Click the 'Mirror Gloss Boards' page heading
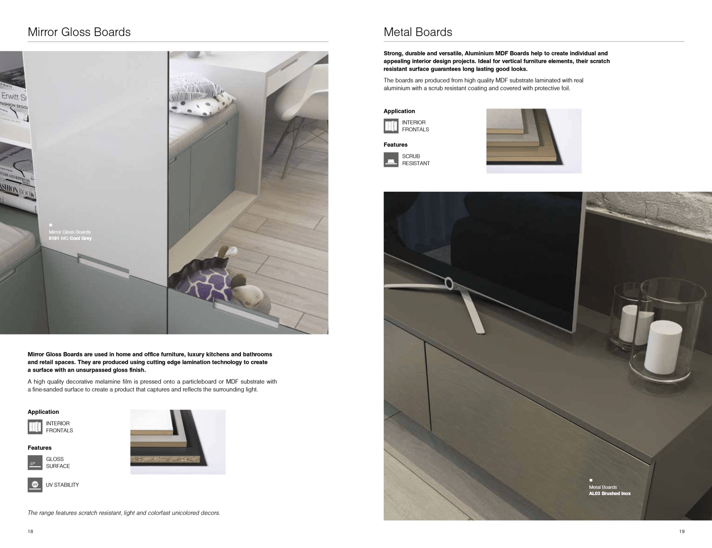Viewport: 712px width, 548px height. (x=79, y=32)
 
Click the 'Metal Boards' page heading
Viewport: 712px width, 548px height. (x=418, y=32)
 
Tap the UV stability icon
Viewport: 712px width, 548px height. (x=35, y=485)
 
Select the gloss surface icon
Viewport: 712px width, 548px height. (x=35, y=463)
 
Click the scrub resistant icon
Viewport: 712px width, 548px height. (x=391, y=160)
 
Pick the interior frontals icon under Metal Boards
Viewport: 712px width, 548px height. (x=391, y=126)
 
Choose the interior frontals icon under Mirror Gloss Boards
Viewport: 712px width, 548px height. (x=35, y=427)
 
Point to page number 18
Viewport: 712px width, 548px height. (x=30, y=532)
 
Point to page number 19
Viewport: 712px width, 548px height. (x=682, y=532)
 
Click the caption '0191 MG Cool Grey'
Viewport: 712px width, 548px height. (x=70, y=239)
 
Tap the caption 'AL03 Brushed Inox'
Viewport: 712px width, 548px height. (x=610, y=493)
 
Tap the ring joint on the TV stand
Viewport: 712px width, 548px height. (x=448, y=282)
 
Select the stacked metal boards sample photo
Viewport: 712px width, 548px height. (x=534, y=141)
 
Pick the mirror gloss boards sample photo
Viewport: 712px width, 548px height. (x=178, y=442)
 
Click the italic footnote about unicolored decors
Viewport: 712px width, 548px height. (x=124, y=513)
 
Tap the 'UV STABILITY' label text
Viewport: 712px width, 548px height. (x=62, y=485)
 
